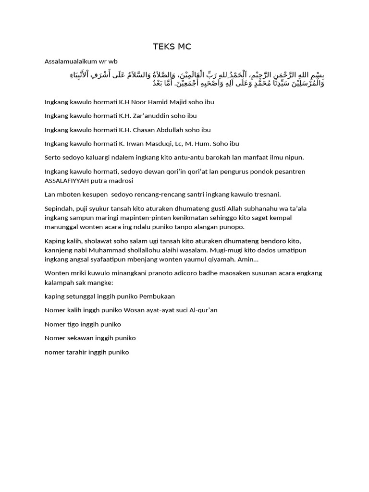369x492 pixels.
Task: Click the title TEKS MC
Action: (x=172, y=47)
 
